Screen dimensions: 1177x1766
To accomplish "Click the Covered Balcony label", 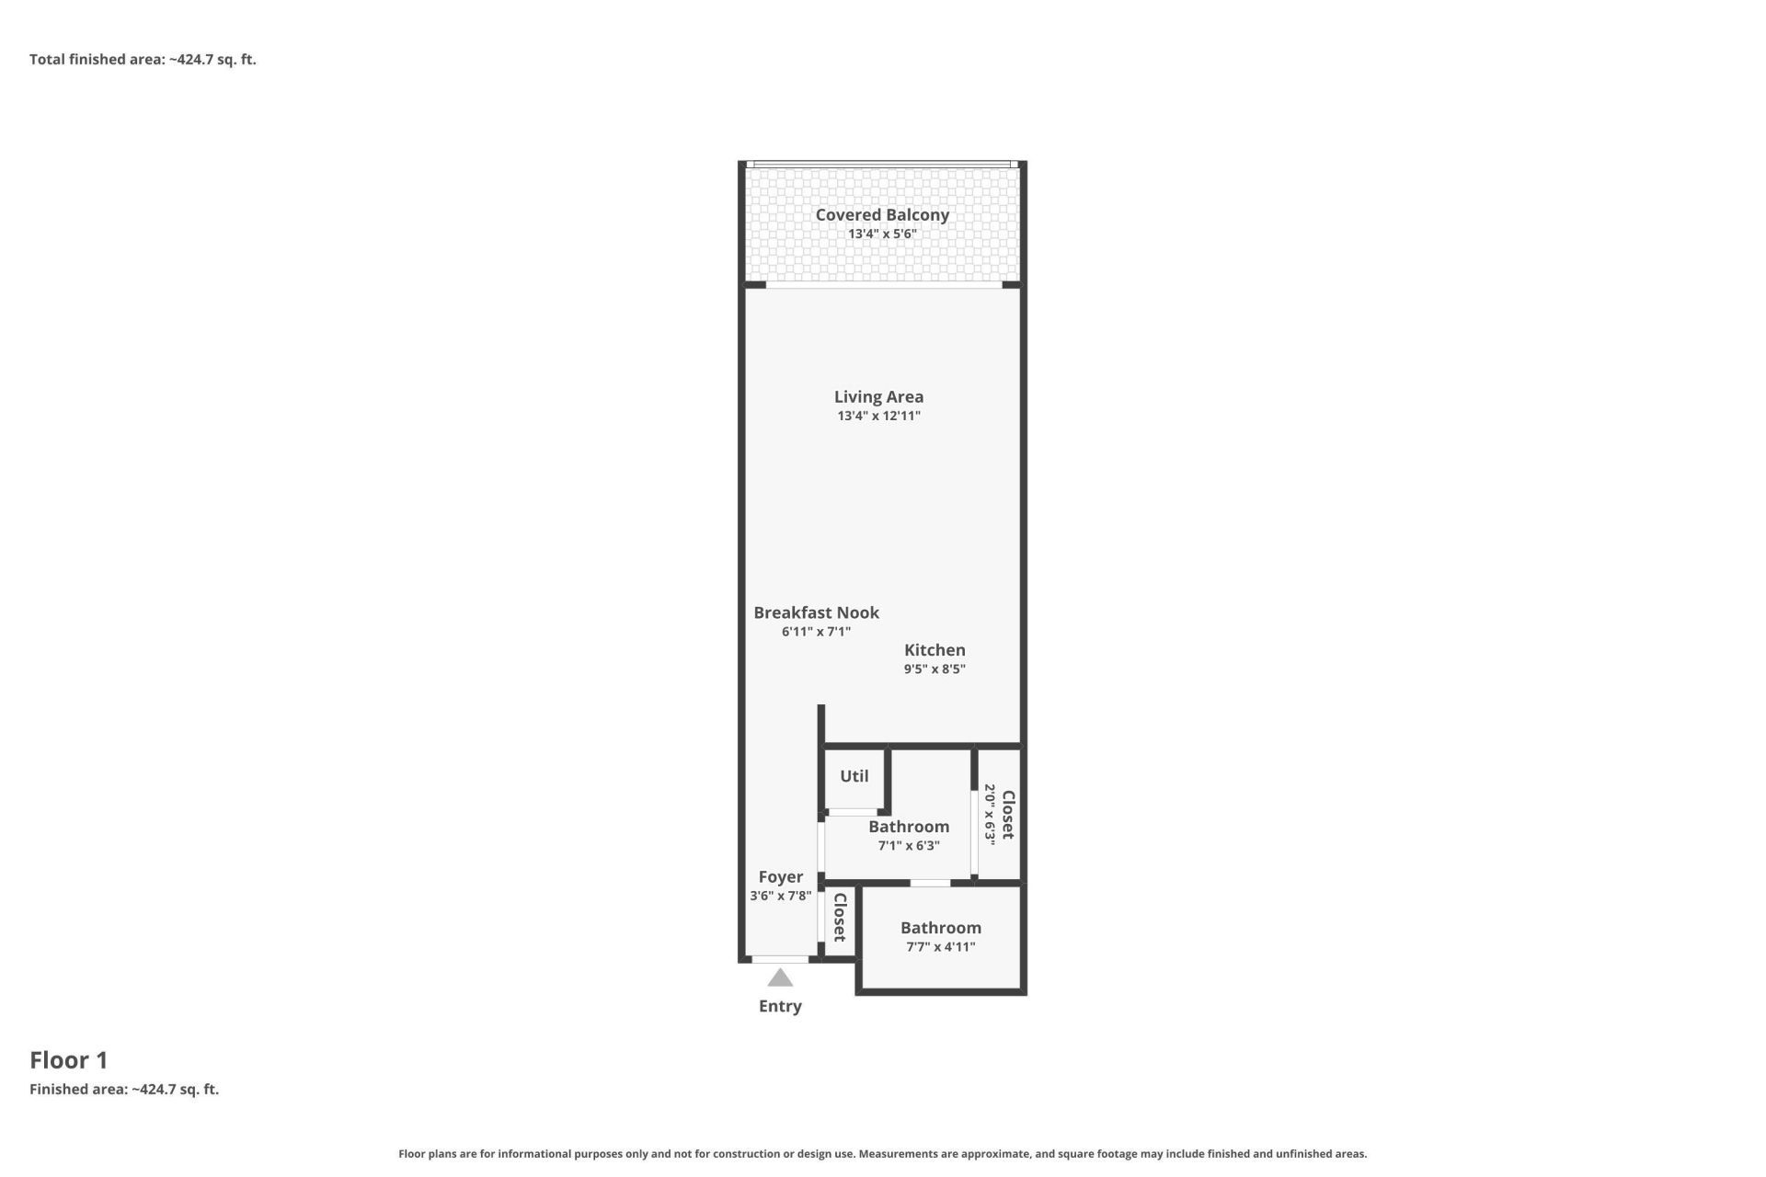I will [881, 214].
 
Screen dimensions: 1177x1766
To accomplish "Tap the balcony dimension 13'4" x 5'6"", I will [881, 234].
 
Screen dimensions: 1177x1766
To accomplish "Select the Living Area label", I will [878, 396].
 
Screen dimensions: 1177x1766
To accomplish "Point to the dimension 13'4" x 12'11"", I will [878, 416].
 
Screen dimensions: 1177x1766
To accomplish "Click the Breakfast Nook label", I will [816, 612].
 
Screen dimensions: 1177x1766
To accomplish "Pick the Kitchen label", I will [935, 650].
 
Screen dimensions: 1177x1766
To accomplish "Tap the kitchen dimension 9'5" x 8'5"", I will [935, 669].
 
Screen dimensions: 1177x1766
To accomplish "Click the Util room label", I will [854, 776].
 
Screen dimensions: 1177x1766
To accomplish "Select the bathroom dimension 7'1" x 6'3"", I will [909, 846].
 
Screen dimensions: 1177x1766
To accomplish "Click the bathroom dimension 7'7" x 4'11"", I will [940, 947].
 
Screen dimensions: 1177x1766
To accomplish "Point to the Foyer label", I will [780, 877].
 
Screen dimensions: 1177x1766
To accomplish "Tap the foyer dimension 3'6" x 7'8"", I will [780, 896].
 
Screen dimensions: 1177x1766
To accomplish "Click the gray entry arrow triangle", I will [780, 978].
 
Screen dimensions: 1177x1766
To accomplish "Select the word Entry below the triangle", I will [780, 1006].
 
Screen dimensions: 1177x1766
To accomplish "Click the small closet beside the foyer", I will [839, 918].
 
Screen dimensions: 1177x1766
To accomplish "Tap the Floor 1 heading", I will [69, 1060].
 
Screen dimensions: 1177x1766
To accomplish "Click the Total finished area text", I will [143, 60].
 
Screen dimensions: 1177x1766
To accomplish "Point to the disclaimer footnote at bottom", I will [882, 1154].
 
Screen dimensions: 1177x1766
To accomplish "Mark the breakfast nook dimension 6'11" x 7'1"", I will [816, 632].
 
